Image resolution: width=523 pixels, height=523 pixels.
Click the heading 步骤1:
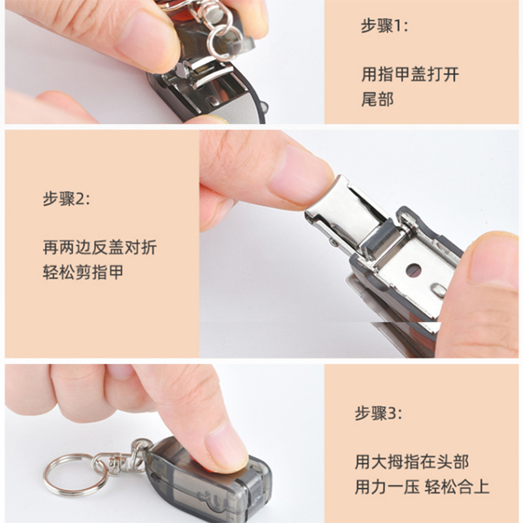click(384, 27)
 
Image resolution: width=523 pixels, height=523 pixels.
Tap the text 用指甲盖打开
click(410, 74)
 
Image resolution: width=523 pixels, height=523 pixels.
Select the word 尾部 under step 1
click(377, 100)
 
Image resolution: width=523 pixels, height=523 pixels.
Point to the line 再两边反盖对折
click(99, 247)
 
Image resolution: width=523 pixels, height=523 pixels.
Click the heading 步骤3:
click(379, 413)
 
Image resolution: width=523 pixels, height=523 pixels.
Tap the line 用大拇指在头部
click(412, 462)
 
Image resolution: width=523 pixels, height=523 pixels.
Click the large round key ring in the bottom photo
click(75, 474)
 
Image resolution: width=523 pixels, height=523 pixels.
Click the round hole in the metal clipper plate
click(413, 269)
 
